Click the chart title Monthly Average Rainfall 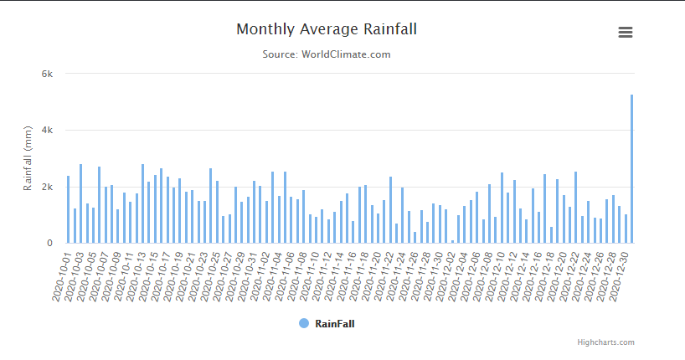(327, 29)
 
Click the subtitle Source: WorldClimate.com (327, 54)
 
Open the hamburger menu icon (625, 33)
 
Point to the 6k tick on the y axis (48, 74)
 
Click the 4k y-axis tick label (48, 131)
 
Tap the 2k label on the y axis (48, 187)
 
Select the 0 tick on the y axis (50, 244)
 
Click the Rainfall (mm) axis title (28, 159)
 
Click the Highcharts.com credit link (605, 342)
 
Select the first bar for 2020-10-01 (69, 209)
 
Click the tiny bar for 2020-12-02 (452, 242)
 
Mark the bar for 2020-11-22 (390, 210)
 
